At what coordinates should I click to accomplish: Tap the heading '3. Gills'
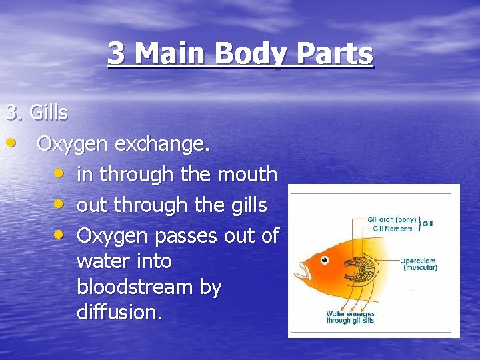pos(37,113)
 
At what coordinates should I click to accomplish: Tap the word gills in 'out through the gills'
pos(251,205)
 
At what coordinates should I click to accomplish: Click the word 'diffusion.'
pos(120,312)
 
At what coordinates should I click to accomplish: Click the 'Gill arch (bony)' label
pos(392,219)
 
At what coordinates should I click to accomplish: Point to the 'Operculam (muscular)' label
pos(419,263)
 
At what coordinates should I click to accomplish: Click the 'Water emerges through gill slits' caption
pos(350,317)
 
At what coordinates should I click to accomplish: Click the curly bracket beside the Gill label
pos(420,223)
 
